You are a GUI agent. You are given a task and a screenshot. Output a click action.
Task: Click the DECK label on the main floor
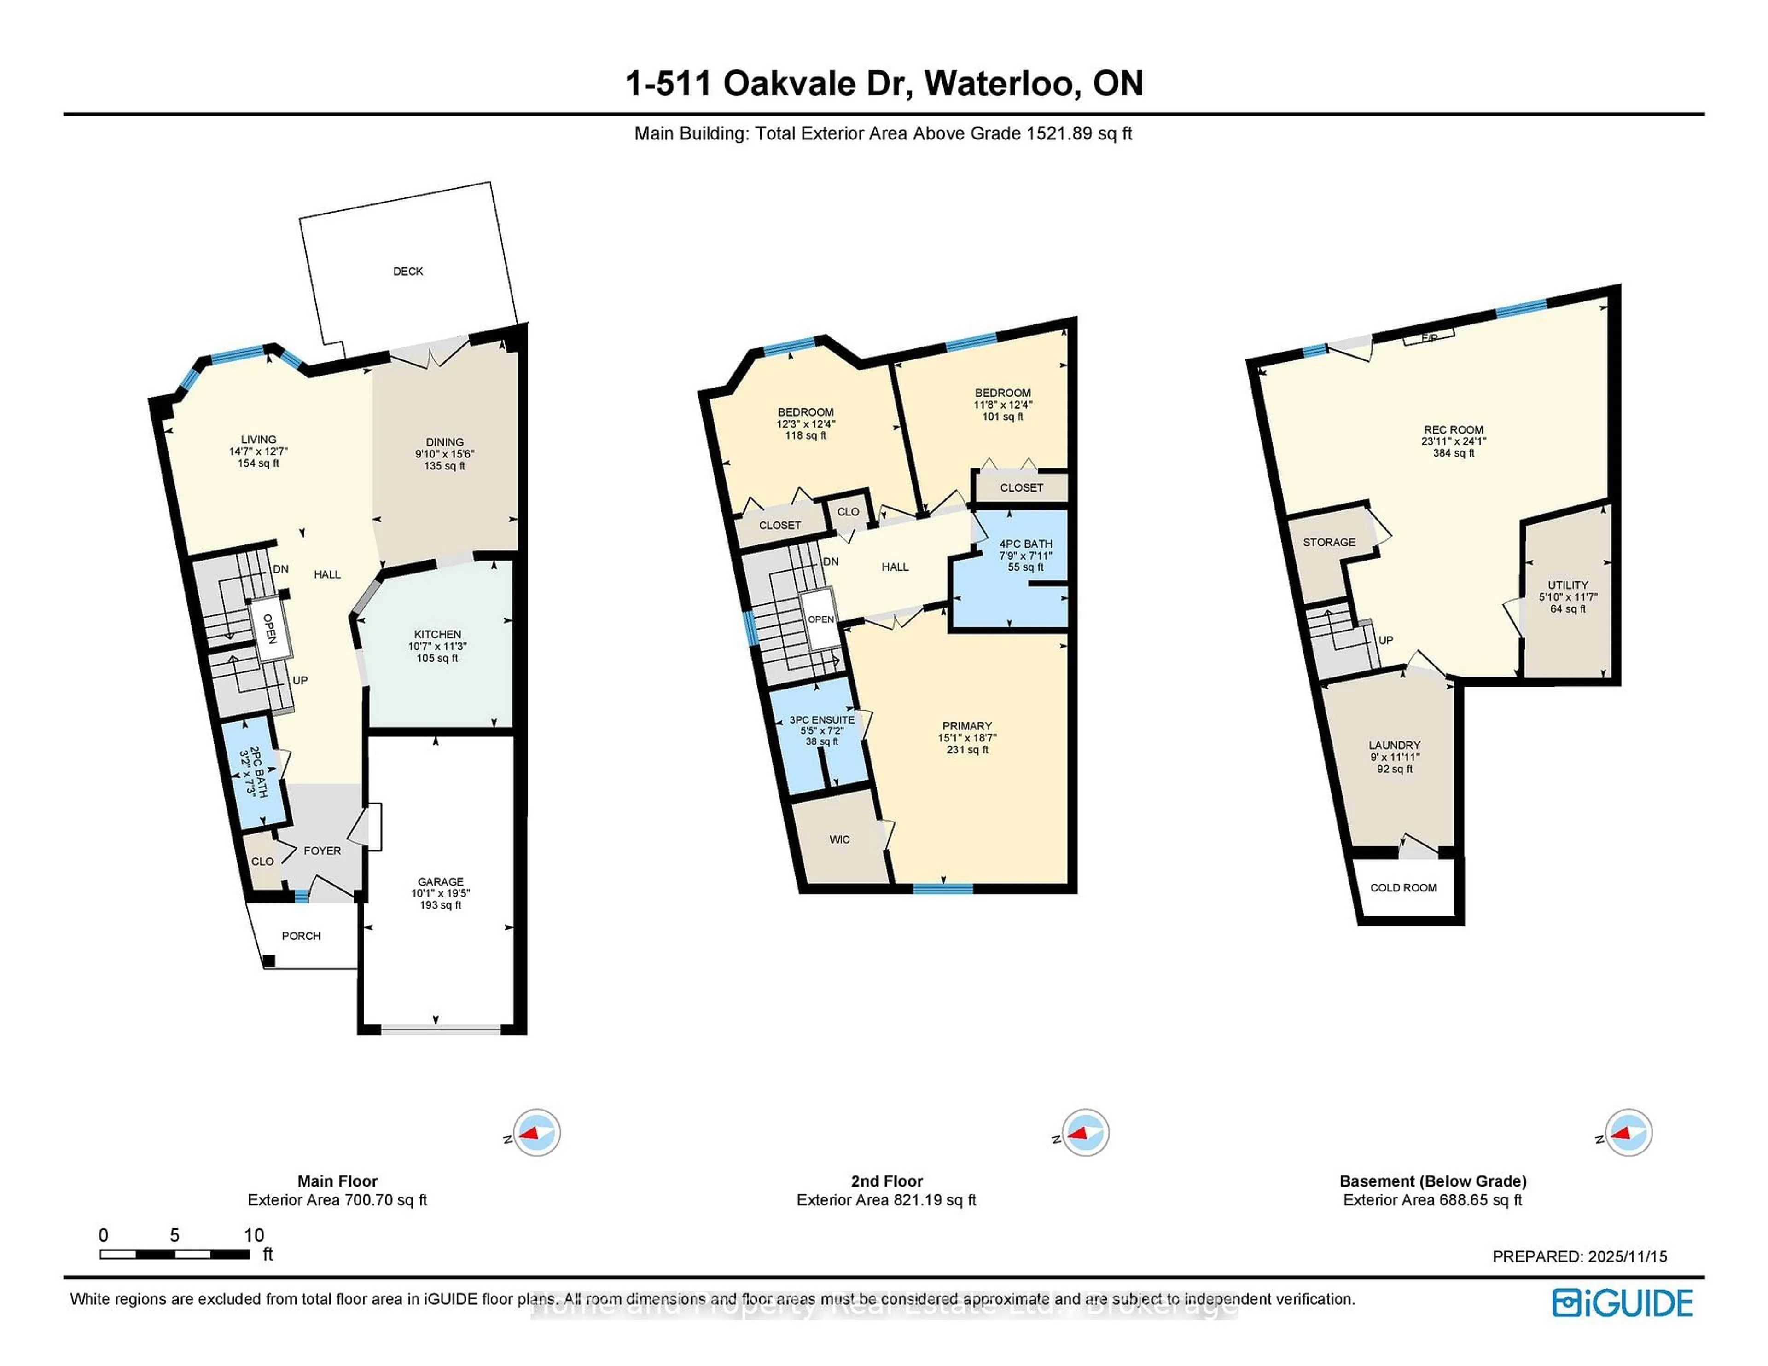coord(408,271)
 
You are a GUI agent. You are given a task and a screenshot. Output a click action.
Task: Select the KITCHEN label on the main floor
coord(437,635)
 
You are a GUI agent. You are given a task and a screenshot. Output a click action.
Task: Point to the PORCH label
coord(301,936)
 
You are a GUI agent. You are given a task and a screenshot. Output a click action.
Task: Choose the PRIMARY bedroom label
coord(966,726)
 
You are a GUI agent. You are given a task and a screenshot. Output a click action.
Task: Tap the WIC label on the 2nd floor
coord(839,839)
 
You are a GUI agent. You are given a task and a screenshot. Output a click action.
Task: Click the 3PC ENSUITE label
coord(822,719)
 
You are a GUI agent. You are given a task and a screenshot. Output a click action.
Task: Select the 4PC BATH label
coord(1026,544)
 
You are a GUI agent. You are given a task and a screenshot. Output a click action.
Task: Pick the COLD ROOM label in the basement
coord(1403,888)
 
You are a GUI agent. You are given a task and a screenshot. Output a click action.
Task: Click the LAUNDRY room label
coord(1394,745)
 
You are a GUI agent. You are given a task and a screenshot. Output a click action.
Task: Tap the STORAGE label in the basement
coord(1328,542)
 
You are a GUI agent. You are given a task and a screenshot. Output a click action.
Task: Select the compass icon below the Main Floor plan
coord(536,1132)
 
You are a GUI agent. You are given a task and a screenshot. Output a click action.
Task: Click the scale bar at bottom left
coord(174,1254)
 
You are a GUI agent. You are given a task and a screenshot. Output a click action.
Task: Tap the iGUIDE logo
coord(1623,1303)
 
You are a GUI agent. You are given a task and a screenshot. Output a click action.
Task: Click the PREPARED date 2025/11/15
coord(1579,1257)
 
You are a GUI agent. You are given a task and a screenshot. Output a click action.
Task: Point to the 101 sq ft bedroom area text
coord(1002,417)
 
